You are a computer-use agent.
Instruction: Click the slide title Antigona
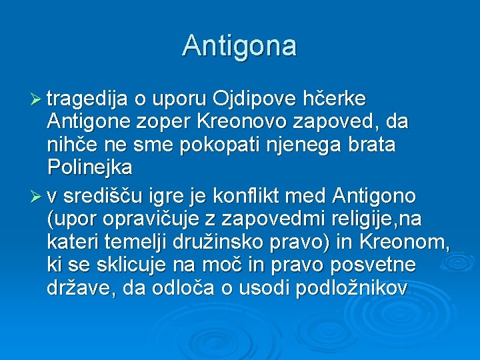coord(239,46)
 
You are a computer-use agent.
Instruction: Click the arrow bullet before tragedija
coord(37,101)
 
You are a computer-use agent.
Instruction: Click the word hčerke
coord(335,99)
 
